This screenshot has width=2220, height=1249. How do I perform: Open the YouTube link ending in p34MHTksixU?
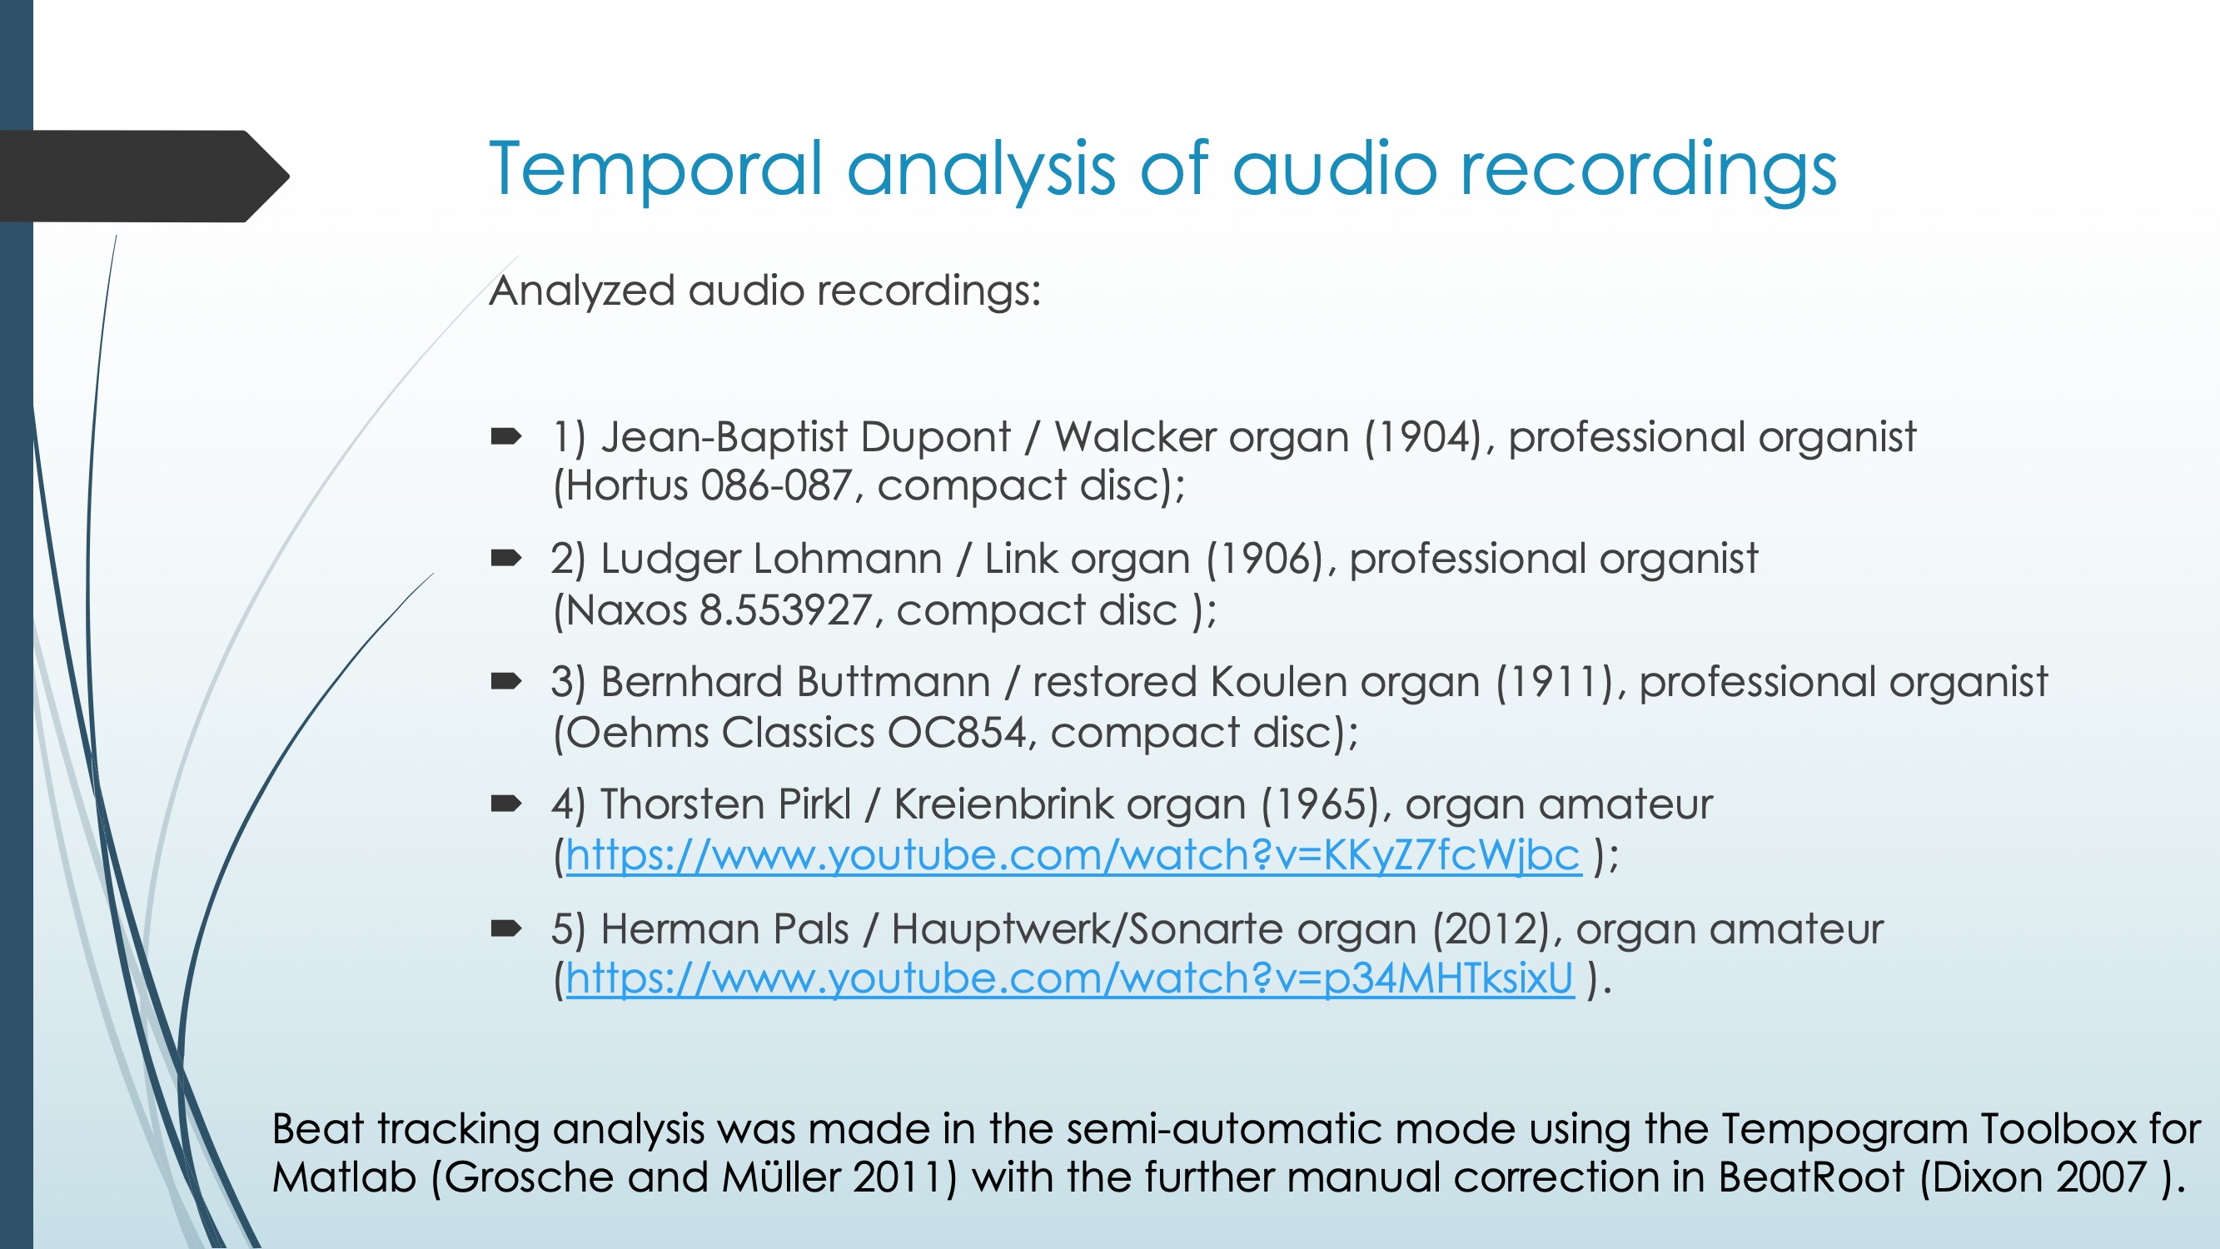click(1069, 978)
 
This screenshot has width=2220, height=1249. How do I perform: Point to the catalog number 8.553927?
click(784, 610)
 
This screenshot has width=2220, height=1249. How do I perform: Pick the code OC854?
click(957, 733)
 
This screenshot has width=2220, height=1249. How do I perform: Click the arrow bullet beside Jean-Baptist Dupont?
click(506, 437)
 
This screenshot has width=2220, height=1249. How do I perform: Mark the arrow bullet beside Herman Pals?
click(506, 928)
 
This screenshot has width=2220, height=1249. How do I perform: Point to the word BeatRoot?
click(1810, 1177)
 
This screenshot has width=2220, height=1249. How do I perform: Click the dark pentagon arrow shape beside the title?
click(144, 177)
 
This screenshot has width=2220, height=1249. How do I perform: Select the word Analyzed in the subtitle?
click(581, 291)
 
